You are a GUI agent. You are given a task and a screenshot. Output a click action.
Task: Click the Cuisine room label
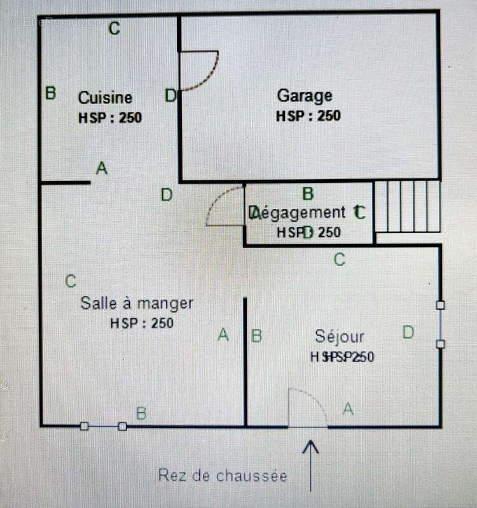point(105,98)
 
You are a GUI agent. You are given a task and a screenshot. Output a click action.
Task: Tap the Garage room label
point(305,96)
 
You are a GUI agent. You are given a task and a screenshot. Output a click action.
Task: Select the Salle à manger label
point(136,304)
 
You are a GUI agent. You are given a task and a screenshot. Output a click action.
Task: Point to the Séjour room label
point(340,337)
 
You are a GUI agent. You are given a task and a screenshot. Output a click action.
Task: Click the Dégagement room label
point(299,213)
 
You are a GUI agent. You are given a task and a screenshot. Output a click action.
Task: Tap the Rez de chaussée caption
point(223,476)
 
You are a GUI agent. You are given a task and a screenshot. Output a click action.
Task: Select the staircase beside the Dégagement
point(407,206)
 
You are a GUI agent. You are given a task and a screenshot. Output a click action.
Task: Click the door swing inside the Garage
point(198,70)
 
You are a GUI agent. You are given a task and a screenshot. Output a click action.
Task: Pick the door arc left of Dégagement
point(226,207)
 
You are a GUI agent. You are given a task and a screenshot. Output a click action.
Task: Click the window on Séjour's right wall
point(440,324)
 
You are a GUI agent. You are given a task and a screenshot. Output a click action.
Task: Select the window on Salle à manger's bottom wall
point(103,426)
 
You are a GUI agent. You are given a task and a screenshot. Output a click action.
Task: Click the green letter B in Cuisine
point(51,93)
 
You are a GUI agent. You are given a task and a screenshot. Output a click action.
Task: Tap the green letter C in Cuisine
point(114,29)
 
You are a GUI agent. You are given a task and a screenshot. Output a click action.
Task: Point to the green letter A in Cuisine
point(101,168)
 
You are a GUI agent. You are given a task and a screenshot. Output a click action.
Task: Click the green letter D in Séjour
point(408,332)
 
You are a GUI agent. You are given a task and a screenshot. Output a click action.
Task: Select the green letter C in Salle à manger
point(71,281)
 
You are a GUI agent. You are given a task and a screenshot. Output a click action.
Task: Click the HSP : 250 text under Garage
point(308,116)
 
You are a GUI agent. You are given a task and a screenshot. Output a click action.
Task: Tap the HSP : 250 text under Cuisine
point(110,117)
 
